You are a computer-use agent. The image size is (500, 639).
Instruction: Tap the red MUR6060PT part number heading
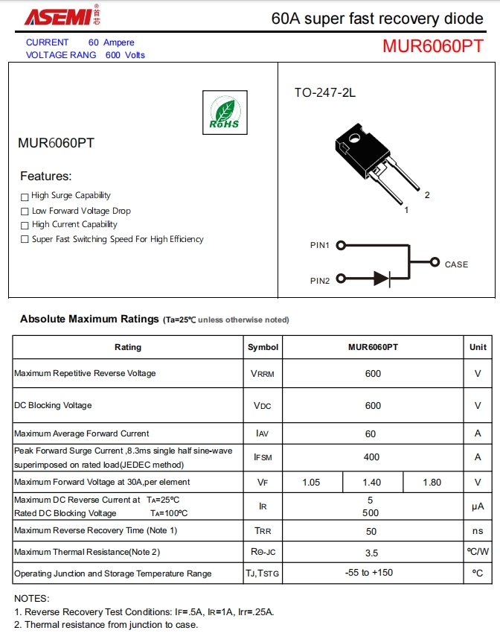433,46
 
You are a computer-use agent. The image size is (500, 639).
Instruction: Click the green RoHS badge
225,112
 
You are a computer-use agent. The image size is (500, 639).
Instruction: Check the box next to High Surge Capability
25,197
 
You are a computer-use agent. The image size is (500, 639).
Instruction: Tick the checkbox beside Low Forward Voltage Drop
25,212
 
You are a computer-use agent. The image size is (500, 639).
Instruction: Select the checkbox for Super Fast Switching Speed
25,240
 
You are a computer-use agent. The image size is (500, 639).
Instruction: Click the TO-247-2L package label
325,93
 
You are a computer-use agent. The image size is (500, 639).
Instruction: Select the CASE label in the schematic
456,264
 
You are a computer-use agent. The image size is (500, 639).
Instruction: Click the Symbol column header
263,347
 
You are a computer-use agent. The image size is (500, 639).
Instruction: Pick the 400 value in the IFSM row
371,457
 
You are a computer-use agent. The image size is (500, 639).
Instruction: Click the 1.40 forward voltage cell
371,483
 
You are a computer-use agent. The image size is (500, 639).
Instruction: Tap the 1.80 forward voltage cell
432,483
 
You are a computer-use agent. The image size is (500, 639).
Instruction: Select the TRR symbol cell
263,532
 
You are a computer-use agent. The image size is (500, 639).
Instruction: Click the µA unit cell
478,506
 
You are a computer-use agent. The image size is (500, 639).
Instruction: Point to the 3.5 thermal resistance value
371,553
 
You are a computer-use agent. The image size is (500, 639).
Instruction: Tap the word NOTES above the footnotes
31,599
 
